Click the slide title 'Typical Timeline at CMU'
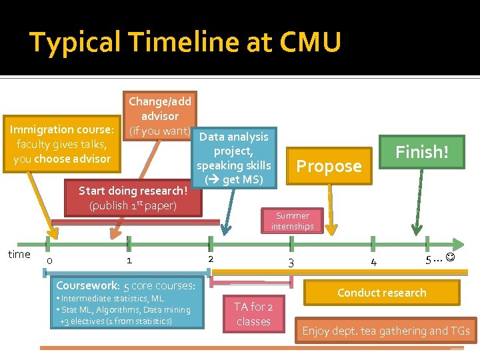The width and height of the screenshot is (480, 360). [185, 43]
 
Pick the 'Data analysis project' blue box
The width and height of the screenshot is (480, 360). [233, 158]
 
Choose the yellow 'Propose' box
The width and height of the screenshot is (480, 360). [329, 166]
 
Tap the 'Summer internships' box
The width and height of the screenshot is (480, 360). [292, 221]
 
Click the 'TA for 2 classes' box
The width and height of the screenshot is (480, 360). [253, 314]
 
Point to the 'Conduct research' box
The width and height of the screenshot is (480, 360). [381, 293]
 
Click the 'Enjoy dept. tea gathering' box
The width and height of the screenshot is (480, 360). [386, 331]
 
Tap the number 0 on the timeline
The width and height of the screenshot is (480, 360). [50, 261]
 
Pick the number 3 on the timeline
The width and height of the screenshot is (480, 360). [291, 263]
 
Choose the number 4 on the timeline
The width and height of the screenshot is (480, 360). [373, 262]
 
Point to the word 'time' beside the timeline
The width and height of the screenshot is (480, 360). [19, 254]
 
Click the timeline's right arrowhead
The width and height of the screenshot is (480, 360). [459, 244]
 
